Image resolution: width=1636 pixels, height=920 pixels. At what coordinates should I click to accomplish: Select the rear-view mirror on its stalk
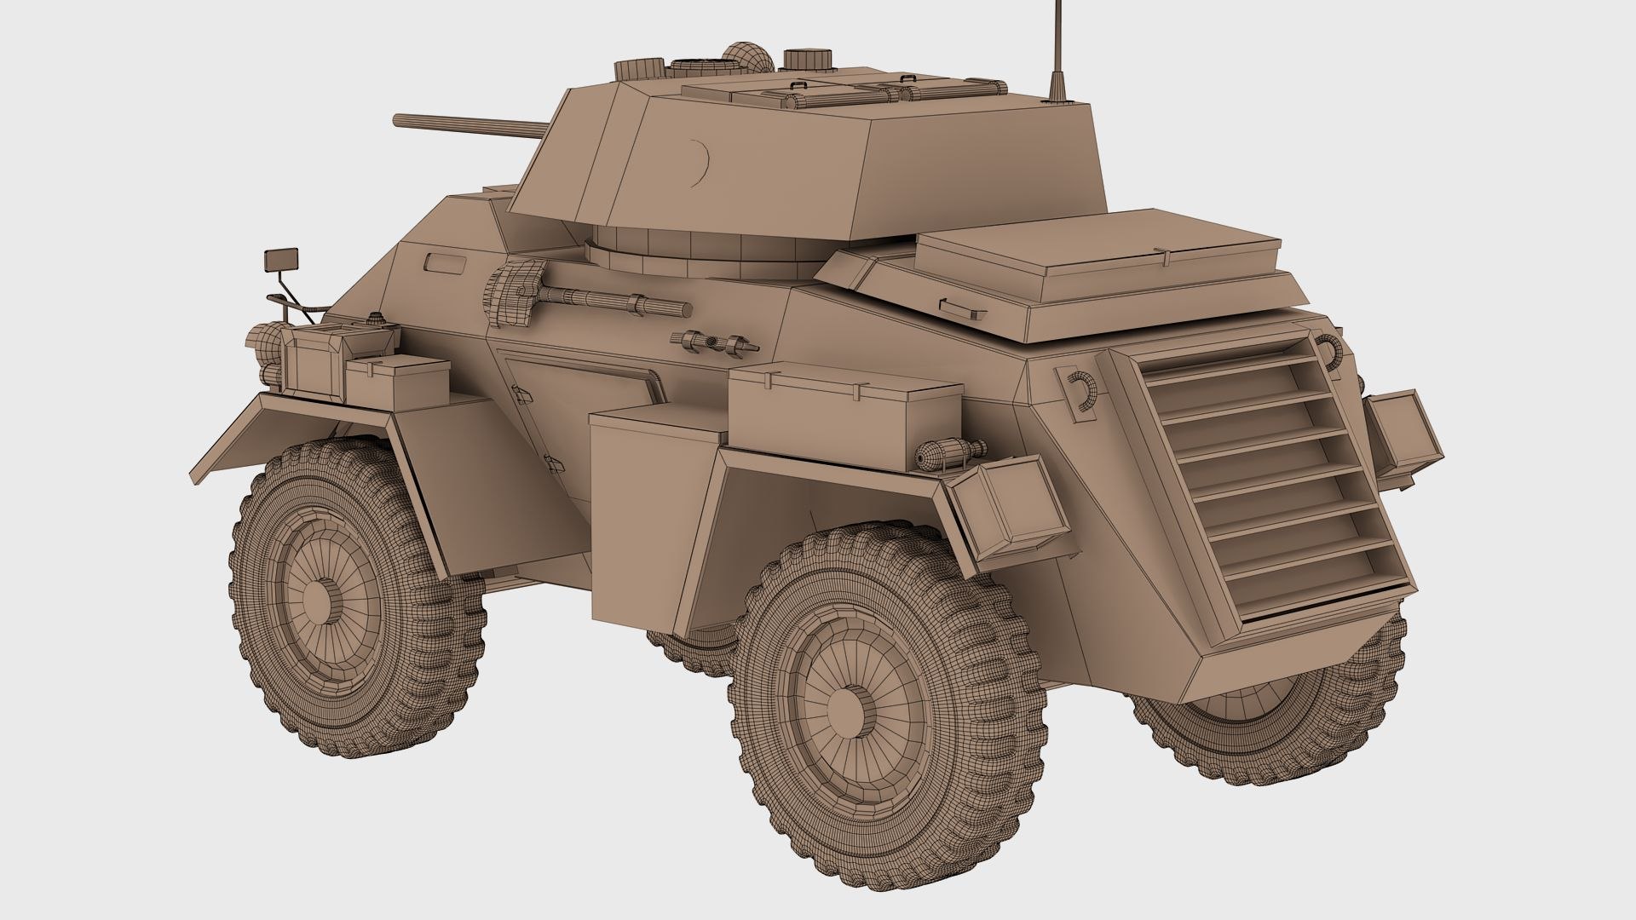tap(284, 256)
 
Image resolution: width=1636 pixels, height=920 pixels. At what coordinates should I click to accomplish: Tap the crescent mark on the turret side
tap(702, 163)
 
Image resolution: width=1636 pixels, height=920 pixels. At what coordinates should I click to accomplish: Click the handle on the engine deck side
tap(954, 304)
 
